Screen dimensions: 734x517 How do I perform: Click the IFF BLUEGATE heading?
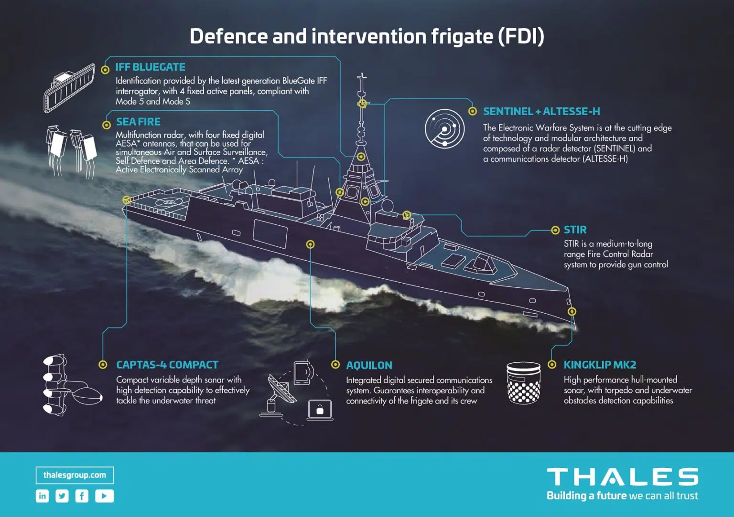coord(150,67)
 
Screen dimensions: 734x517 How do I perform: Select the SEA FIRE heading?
coord(138,122)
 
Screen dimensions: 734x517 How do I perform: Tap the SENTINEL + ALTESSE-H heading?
coord(541,111)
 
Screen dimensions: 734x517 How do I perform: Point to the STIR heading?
coord(575,230)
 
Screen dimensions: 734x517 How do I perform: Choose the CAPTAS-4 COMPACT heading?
coord(167,365)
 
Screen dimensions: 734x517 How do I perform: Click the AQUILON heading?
coord(369,365)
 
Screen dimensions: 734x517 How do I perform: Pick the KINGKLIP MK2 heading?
coord(600,365)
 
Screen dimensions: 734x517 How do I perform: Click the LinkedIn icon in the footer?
coord(42,496)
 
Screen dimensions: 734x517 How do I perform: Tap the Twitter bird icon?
coord(62,496)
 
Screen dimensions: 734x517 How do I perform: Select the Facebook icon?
coord(82,496)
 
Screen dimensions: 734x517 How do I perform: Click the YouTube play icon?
coord(105,496)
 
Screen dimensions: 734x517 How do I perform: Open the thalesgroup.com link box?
coord(75,475)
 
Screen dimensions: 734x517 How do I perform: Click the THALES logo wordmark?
coord(622,476)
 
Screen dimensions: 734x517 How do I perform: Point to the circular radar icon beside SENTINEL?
coord(445,129)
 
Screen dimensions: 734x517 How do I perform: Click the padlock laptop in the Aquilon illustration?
coord(320,410)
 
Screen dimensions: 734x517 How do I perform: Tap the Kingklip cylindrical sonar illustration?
coord(523,383)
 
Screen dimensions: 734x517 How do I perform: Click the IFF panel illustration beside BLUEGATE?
coord(69,88)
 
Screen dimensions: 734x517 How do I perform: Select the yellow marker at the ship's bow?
coord(572,311)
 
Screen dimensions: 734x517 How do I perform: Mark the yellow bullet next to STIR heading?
coord(555,230)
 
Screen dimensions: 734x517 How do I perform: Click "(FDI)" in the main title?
coord(521,36)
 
